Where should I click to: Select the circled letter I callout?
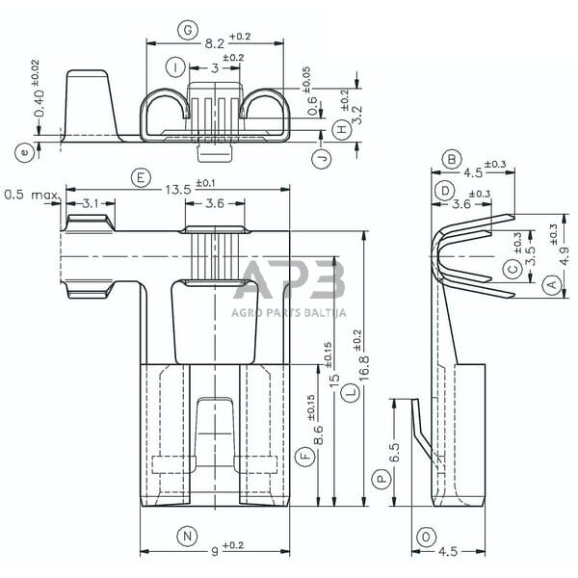click(173, 67)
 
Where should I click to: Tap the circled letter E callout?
click(141, 177)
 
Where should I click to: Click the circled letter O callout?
click(425, 537)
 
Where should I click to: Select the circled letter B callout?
click(450, 159)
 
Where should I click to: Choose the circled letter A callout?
click(550, 284)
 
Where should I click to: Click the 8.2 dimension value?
click(214, 43)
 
